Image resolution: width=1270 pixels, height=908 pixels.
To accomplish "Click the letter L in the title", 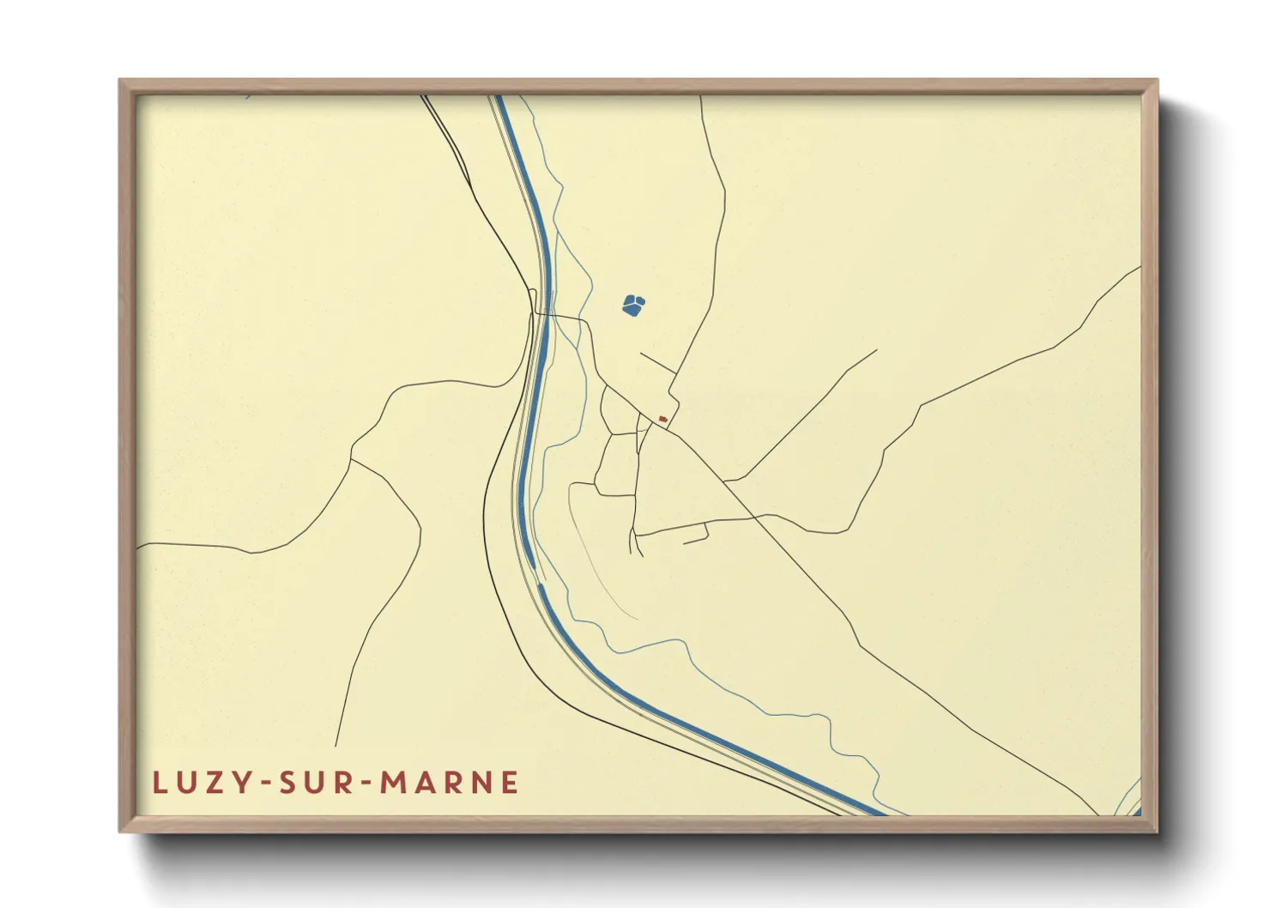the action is [x=159, y=783].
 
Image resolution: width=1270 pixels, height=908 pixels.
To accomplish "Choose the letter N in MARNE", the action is [x=481, y=783].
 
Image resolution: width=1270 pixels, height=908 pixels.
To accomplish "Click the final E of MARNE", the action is [x=510, y=783].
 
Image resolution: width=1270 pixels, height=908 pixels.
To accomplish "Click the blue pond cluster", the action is [x=633, y=305].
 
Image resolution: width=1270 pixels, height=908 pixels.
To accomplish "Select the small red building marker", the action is [x=662, y=419].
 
